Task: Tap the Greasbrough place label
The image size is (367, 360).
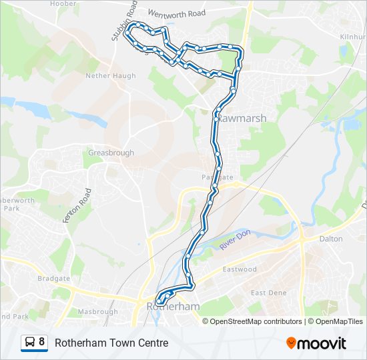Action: coord(111,153)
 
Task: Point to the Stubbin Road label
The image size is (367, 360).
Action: coord(124,21)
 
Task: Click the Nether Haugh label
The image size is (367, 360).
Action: coord(110,76)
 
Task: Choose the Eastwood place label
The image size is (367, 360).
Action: coord(239,269)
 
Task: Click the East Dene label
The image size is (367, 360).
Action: coord(268,293)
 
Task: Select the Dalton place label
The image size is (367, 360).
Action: coord(331,239)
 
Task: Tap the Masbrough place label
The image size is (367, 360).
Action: coord(97,311)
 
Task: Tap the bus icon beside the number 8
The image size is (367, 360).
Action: coord(30,343)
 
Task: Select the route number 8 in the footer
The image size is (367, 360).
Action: coord(43,343)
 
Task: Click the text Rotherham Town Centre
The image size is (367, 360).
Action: coord(111,343)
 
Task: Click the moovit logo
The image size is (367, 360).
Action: coord(316,343)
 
